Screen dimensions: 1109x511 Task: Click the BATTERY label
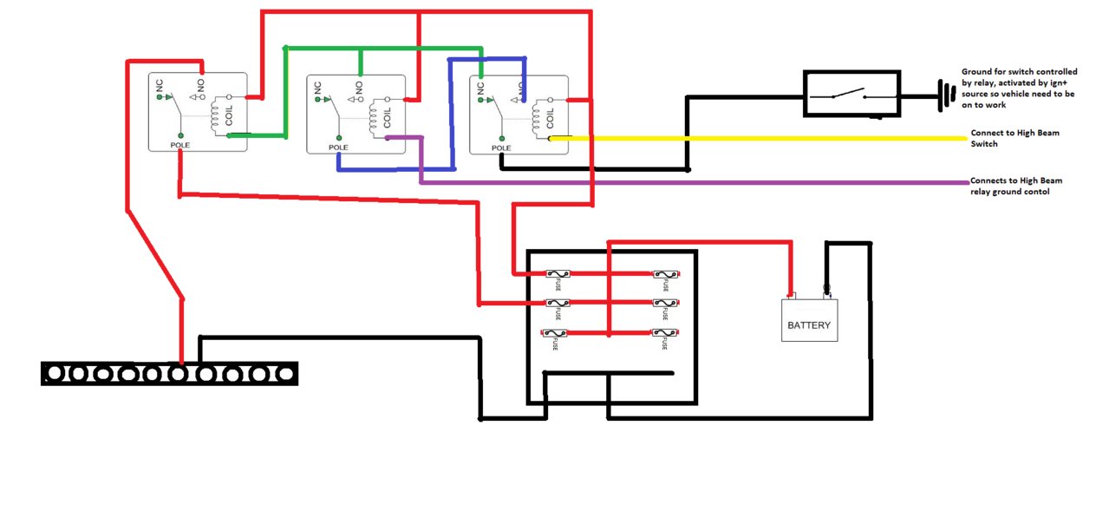(x=809, y=325)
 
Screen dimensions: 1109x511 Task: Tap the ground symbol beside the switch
(x=947, y=95)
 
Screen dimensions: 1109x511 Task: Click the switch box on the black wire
(x=851, y=94)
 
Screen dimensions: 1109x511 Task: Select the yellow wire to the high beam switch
(x=758, y=138)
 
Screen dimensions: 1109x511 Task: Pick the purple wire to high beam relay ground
(x=693, y=183)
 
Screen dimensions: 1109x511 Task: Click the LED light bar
(x=169, y=373)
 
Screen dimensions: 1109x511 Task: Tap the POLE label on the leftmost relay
(x=180, y=145)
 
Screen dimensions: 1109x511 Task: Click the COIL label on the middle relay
(x=388, y=118)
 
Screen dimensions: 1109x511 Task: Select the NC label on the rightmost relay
(x=480, y=88)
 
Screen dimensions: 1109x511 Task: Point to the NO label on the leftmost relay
(x=200, y=85)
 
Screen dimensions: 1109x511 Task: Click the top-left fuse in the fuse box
(x=558, y=274)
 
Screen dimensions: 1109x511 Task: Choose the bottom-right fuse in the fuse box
(x=665, y=333)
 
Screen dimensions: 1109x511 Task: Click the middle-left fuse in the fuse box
(x=558, y=303)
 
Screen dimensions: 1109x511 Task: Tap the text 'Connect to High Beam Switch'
(x=1015, y=138)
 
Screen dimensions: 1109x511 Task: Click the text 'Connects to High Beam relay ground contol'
(x=1016, y=187)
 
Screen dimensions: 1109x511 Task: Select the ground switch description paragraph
(x=1020, y=88)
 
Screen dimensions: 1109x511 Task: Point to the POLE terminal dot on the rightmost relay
(x=501, y=139)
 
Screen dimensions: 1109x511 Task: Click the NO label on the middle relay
(x=359, y=88)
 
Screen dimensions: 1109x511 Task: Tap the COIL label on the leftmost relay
(x=229, y=115)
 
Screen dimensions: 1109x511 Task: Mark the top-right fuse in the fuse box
(x=666, y=274)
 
